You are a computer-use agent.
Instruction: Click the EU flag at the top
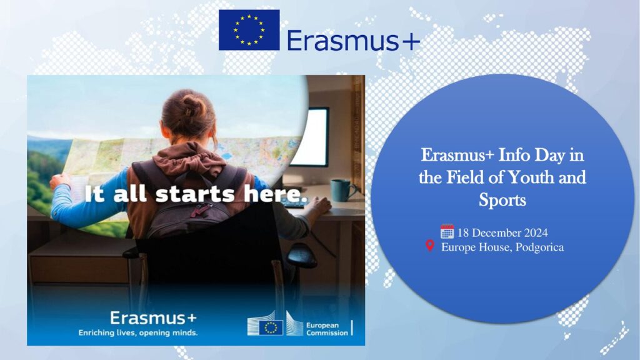pos(249,30)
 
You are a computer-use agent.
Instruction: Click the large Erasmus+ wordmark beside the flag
pos(354,41)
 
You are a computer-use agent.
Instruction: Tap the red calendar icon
pos(447,231)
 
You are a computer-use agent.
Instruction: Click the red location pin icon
pos(430,246)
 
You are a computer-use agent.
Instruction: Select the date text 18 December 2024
pos(502,232)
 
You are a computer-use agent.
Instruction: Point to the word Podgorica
pos(539,247)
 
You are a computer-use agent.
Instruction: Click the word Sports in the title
pos(502,199)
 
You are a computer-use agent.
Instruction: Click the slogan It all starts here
pos(196,194)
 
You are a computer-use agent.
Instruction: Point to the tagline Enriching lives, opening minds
pos(138,332)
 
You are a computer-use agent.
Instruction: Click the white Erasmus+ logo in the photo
pos(153,317)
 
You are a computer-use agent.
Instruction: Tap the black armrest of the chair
pos(302,255)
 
